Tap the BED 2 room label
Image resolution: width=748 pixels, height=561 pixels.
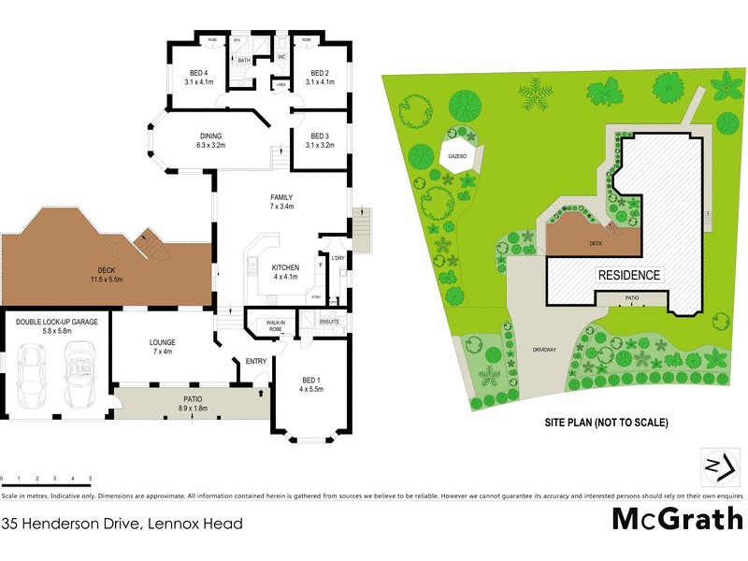coord(320,73)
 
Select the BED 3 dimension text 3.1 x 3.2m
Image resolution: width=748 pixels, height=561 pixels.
coord(320,145)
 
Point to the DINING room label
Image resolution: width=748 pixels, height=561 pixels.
coord(209,137)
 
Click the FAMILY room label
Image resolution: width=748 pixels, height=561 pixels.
coord(281,197)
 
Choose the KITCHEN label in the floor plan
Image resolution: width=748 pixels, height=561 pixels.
coord(285,267)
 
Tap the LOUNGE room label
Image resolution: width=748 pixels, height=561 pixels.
coord(162,342)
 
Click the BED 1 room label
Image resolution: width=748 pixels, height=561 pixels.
coord(311,380)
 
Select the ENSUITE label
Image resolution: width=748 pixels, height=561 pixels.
coord(330,323)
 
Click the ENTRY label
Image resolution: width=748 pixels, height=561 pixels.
coord(254,361)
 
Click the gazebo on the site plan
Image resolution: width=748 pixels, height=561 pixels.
coord(458,156)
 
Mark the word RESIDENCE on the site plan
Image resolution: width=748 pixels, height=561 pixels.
coord(629,275)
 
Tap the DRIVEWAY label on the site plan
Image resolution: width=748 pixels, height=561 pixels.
coord(544,349)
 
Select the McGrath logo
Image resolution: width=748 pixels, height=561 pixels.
coord(678,519)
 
